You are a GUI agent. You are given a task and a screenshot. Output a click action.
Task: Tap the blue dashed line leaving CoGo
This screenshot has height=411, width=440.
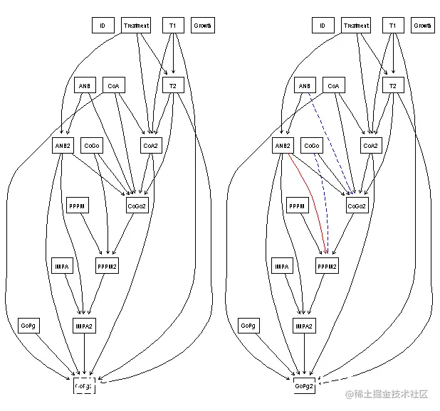(x=323, y=199)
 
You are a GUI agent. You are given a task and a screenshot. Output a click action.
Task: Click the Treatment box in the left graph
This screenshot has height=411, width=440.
(x=136, y=26)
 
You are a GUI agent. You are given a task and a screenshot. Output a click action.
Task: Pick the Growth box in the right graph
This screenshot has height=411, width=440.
(x=422, y=26)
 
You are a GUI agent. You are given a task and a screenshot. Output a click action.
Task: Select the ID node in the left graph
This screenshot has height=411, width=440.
(x=103, y=26)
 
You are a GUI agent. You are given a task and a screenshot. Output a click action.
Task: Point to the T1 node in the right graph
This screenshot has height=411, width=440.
(x=392, y=26)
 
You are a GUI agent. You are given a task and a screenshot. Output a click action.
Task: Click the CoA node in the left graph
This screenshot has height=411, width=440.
(x=113, y=86)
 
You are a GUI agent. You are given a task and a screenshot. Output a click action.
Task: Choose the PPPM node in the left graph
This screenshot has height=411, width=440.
(x=78, y=206)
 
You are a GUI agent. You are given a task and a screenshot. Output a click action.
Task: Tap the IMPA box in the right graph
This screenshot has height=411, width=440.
(x=282, y=267)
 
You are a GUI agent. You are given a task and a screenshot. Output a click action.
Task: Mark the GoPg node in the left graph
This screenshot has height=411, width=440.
(x=28, y=326)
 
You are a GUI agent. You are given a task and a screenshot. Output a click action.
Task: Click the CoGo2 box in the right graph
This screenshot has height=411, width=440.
(x=357, y=206)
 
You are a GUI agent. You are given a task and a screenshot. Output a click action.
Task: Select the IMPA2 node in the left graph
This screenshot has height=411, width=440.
(x=84, y=326)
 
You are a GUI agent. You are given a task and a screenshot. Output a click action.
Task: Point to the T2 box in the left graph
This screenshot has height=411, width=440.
(x=172, y=86)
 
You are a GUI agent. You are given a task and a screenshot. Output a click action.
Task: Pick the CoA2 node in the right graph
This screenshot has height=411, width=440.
(x=370, y=146)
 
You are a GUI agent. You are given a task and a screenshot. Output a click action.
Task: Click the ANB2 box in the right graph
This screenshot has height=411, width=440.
(x=283, y=146)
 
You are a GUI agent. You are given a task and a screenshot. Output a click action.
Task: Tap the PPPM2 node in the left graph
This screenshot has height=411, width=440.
(x=107, y=267)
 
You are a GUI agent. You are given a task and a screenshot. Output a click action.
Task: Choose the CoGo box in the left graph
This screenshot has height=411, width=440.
(x=92, y=146)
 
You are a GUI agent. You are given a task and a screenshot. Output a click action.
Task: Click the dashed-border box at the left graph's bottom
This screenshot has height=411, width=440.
(x=84, y=385)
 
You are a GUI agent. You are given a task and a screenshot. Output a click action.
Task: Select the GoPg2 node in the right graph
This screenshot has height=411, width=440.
(x=305, y=385)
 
